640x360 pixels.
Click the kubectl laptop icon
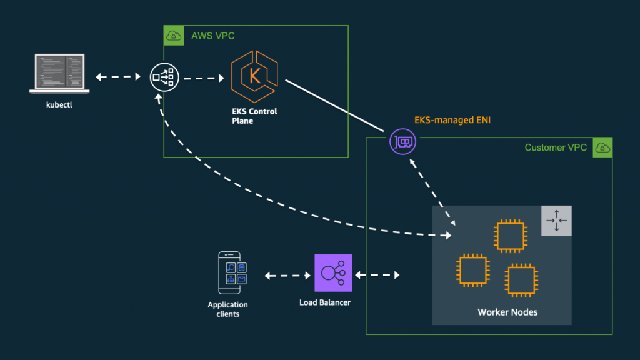point(59,74)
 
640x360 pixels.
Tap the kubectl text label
point(59,105)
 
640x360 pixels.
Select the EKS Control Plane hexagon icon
point(255,77)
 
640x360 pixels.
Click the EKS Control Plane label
point(254,116)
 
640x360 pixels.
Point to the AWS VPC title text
point(213,36)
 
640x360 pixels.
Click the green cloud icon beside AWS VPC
point(174,36)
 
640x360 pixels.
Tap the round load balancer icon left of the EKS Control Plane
point(164,77)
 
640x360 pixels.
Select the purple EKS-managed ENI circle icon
point(403,142)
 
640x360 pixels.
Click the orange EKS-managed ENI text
point(452,120)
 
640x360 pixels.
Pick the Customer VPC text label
point(556,147)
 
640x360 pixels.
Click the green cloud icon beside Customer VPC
point(602,147)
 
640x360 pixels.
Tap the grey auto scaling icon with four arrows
point(556,221)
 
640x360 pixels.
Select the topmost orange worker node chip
point(511,236)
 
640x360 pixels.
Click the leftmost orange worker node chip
point(473,271)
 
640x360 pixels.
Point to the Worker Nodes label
point(507,312)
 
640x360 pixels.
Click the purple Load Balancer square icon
point(333,273)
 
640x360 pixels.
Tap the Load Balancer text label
point(325,302)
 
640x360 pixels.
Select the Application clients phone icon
point(231,272)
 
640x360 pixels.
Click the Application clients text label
point(227,309)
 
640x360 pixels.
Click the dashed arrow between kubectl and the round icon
point(118,77)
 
